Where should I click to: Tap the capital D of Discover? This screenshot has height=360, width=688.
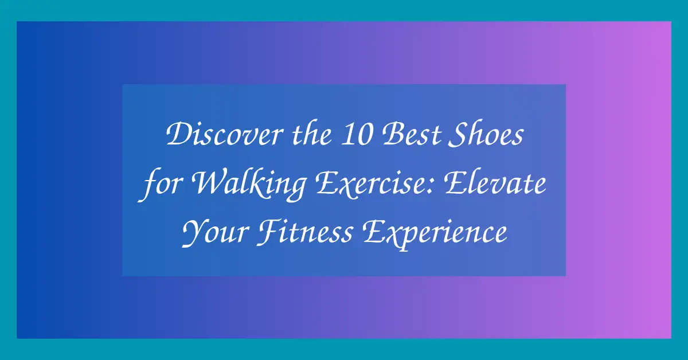176,138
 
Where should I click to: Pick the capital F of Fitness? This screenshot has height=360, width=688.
275,234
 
